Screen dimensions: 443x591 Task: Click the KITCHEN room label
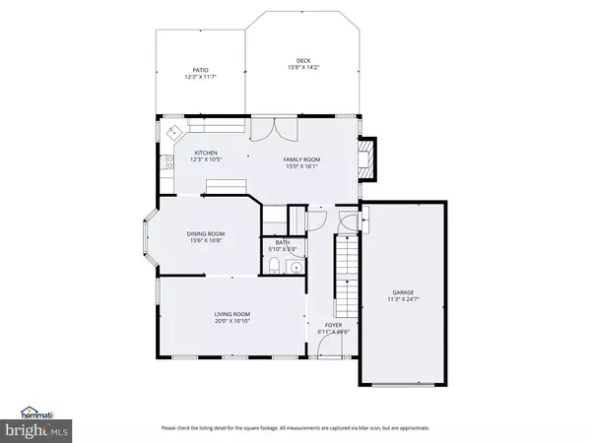click(x=206, y=153)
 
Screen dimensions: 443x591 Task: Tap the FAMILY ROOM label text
click(x=302, y=159)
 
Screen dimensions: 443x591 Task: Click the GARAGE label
click(x=402, y=292)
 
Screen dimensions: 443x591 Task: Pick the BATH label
click(x=282, y=243)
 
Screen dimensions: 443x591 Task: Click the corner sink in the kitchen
click(x=173, y=131)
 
